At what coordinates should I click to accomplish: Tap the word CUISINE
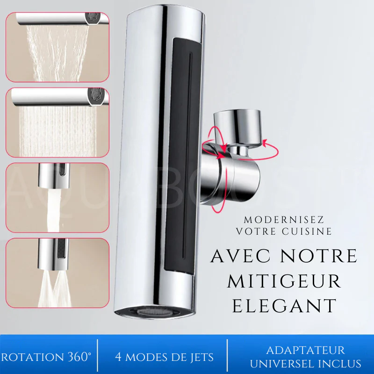[x=310, y=230]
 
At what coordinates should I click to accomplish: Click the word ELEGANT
[x=285, y=305]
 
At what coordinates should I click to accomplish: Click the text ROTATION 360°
[x=46, y=357]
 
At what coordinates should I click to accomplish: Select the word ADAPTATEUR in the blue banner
[x=305, y=350]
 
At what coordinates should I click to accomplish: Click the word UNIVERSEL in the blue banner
[x=286, y=363]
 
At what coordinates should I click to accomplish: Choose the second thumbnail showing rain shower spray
[x=57, y=122]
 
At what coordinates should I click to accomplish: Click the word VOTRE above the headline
[x=257, y=230]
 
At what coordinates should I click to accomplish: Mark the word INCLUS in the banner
[x=341, y=363]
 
